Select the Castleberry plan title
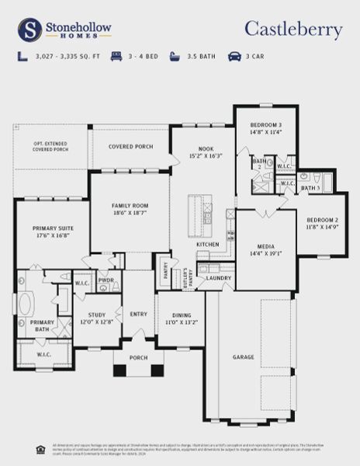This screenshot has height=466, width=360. [293, 30]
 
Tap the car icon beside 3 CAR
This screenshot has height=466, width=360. [234, 57]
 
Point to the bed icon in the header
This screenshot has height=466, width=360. [116, 57]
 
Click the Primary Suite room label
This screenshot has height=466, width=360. [51, 232]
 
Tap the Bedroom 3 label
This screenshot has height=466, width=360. [265, 129]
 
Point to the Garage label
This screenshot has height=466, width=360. [244, 357]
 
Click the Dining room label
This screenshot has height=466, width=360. [182, 318]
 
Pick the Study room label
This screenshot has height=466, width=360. [95, 318]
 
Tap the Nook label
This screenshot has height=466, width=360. [206, 151]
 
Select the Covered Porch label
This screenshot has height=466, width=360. [129, 146]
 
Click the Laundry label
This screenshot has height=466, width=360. [219, 277]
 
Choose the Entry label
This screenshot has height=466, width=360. [138, 314]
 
